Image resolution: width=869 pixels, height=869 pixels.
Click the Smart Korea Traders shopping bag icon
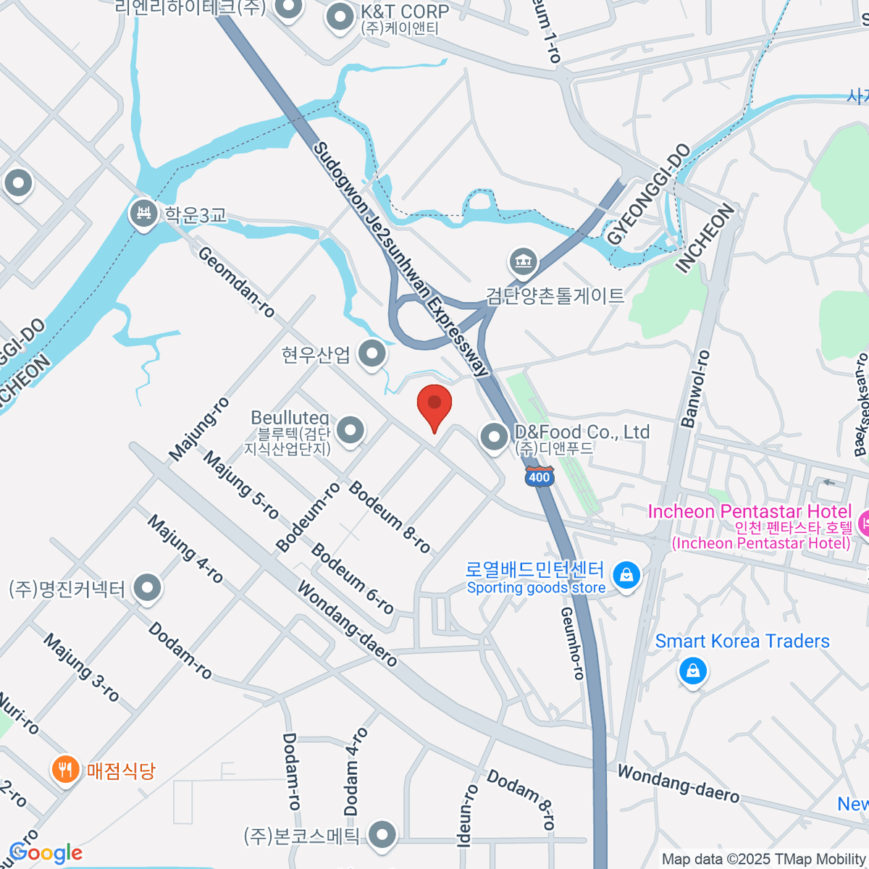(693, 671)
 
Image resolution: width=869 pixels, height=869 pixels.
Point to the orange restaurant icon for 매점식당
(66, 769)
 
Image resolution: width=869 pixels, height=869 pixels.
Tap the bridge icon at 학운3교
(143, 215)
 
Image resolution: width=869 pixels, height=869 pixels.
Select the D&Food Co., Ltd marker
(495, 437)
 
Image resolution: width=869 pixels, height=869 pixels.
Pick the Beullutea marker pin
(350, 430)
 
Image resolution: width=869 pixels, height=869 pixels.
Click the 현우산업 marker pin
(373, 354)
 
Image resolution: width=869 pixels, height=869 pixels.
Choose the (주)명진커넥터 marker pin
(148, 588)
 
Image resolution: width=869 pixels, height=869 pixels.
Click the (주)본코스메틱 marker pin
(382, 836)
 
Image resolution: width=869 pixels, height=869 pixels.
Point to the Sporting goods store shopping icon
(626, 576)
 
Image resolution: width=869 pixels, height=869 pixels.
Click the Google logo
(46, 853)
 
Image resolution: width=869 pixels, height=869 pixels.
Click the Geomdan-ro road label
(236, 282)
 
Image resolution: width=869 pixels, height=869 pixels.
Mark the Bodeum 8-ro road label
(390, 516)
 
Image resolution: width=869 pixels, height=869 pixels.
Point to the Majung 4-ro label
(185, 550)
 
